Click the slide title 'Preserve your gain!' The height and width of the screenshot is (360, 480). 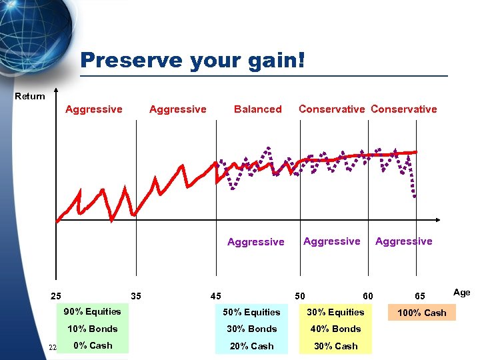tap(193, 61)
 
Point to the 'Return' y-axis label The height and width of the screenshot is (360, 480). tap(30, 97)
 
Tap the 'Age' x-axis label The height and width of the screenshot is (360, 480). tap(461, 292)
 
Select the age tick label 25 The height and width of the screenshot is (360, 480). tap(57, 296)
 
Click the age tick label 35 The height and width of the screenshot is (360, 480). tap(136, 296)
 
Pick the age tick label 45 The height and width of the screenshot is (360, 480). tap(215, 296)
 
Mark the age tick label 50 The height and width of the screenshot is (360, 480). tap(301, 296)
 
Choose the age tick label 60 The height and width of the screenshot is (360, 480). tap(367, 296)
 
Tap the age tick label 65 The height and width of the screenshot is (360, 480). tap(420, 296)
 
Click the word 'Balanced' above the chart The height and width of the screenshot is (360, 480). tap(257, 109)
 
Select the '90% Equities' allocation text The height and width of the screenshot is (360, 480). tap(93, 311)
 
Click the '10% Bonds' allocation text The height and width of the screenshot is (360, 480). tap(93, 329)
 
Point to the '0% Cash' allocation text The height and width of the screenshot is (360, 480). tap(93, 345)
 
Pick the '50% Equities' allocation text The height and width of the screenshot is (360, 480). tap(251, 312)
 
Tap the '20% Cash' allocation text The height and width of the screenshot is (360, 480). tap(251, 346)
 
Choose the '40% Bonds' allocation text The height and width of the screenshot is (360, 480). tap(336, 329)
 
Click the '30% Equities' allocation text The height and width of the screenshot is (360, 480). tap(336, 312)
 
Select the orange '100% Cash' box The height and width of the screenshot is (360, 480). tap(422, 313)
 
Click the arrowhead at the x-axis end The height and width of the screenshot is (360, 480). tap(437, 220)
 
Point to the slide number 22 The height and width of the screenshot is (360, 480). tap(52, 347)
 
